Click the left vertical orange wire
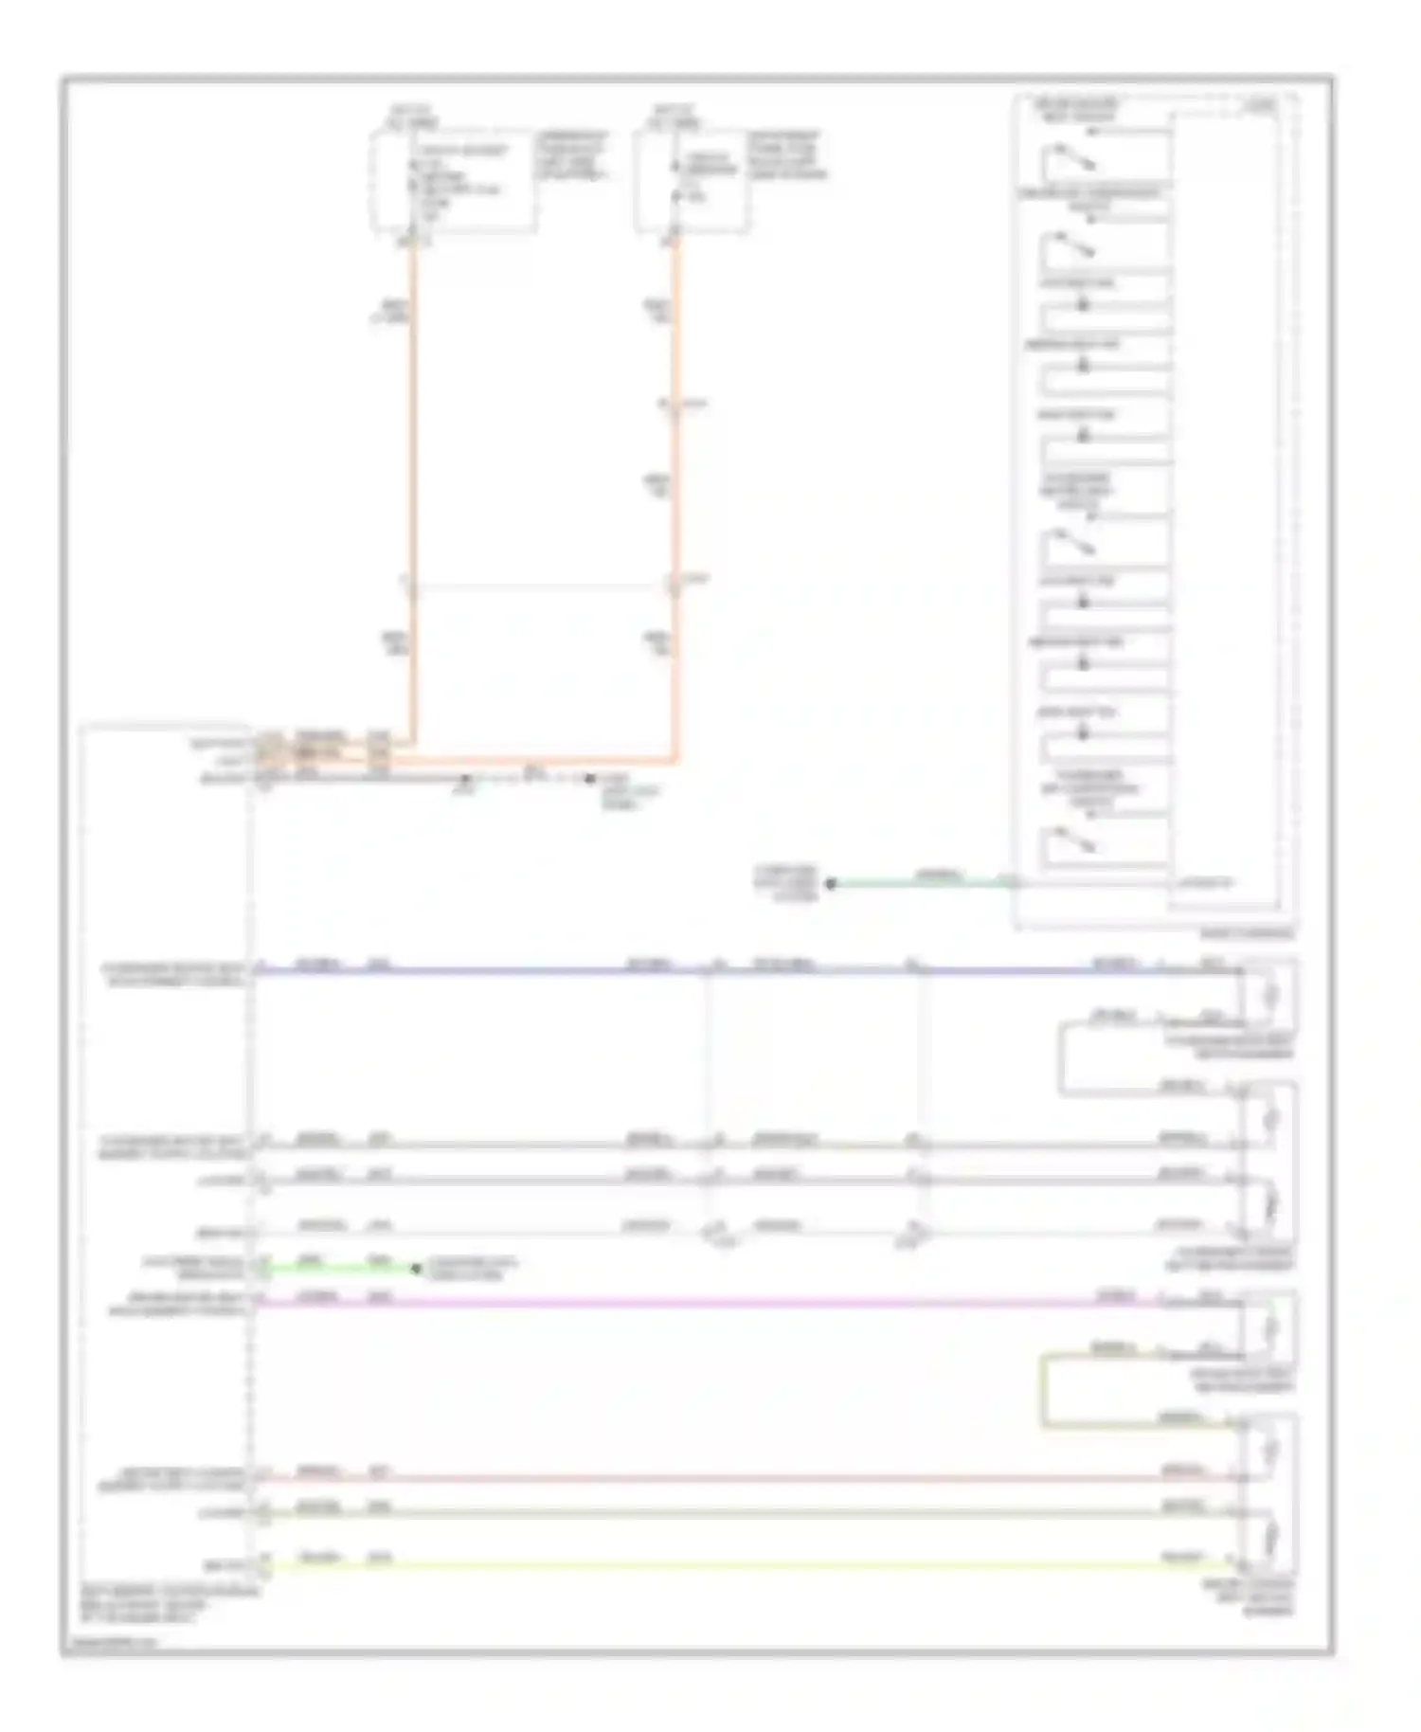coord(412,474)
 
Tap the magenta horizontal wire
coord(663,1303)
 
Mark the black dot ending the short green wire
coord(416,1268)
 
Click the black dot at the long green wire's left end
coord(831,884)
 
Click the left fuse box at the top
coord(453,180)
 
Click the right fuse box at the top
coord(692,180)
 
